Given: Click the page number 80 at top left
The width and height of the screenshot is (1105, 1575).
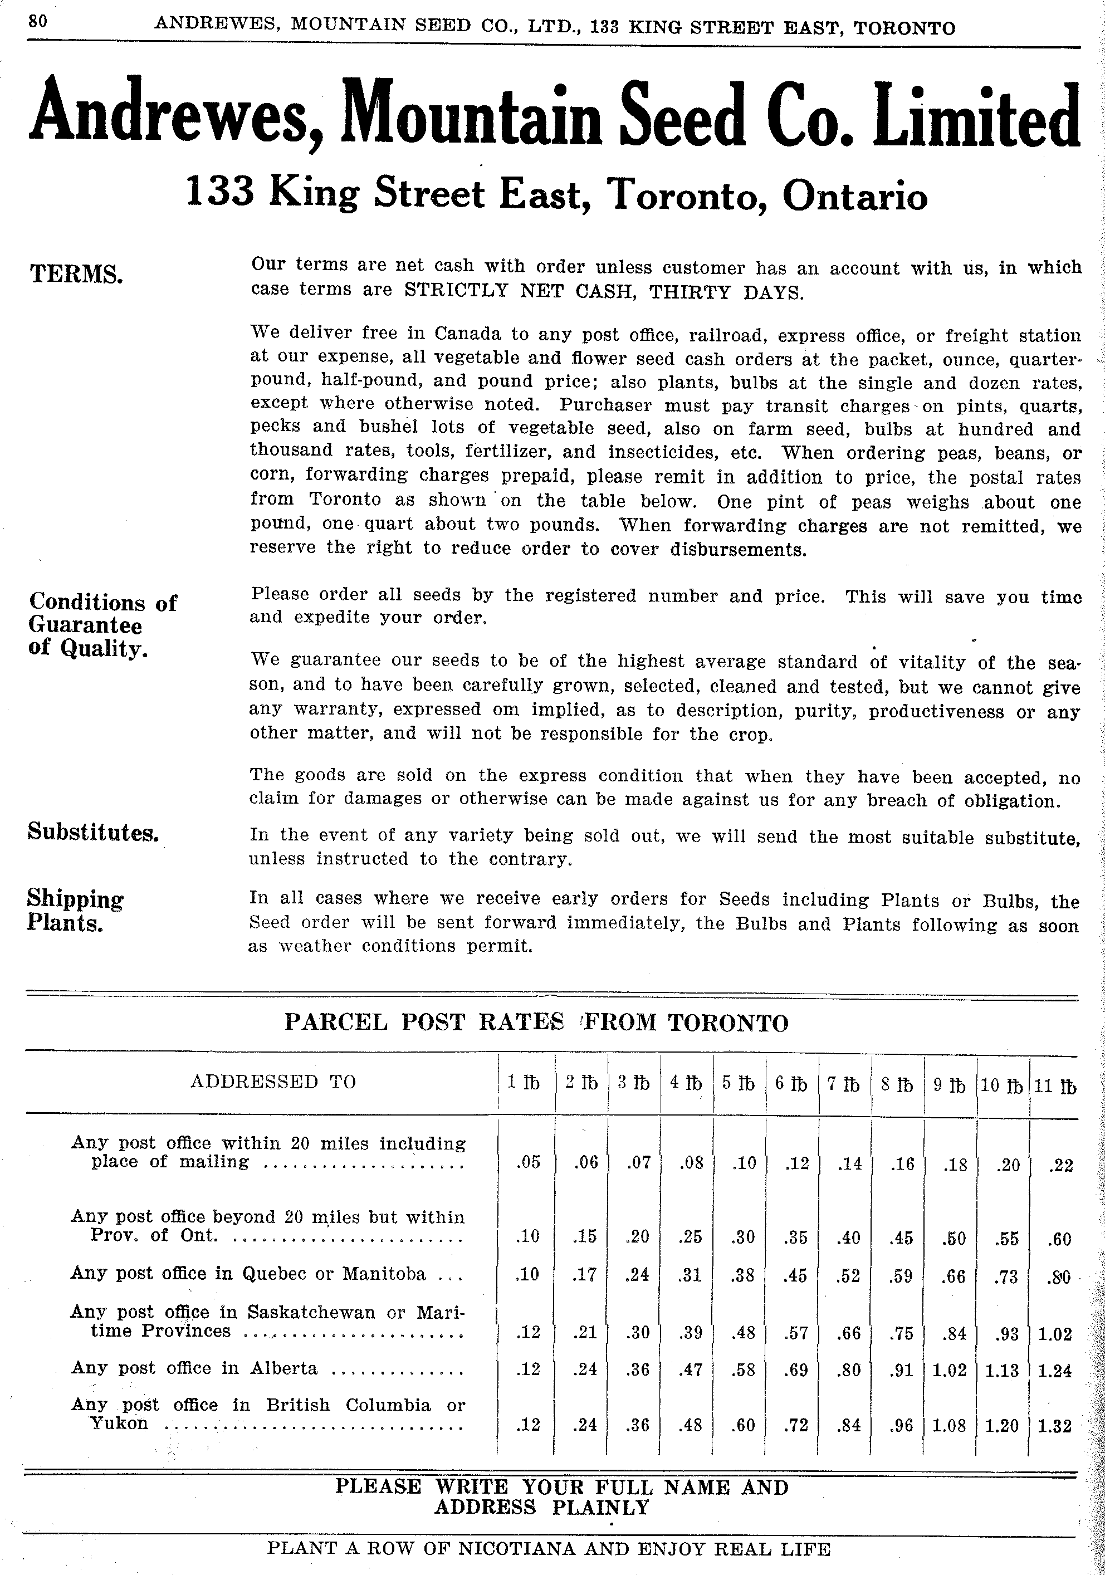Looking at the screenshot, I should click(38, 21).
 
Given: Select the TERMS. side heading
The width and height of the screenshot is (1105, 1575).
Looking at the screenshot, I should click(76, 275).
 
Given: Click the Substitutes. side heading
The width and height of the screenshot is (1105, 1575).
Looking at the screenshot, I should click(93, 832).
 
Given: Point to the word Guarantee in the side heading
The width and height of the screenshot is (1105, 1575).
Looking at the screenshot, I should click(86, 625).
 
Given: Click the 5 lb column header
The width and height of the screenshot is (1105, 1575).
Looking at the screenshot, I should click(738, 1083).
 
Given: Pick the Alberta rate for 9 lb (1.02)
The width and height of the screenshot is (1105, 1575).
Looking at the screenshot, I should click(948, 1370).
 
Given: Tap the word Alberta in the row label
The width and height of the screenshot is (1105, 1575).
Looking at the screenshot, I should click(283, 1368).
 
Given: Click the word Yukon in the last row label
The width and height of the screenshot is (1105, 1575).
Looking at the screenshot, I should click(119, 1424).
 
